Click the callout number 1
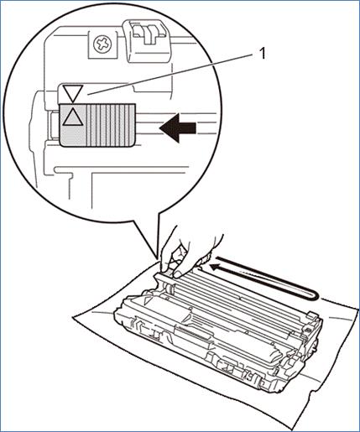coord(262,55)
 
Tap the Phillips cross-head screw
coord(102,44)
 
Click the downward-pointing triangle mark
coord(72,93)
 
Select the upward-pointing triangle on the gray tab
coord(72,117)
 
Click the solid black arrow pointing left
coord(177,128)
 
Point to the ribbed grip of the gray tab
coord(111,125)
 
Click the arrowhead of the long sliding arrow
coord(215,268)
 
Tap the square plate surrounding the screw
coord(102,44)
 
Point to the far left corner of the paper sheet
coord(74,317)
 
